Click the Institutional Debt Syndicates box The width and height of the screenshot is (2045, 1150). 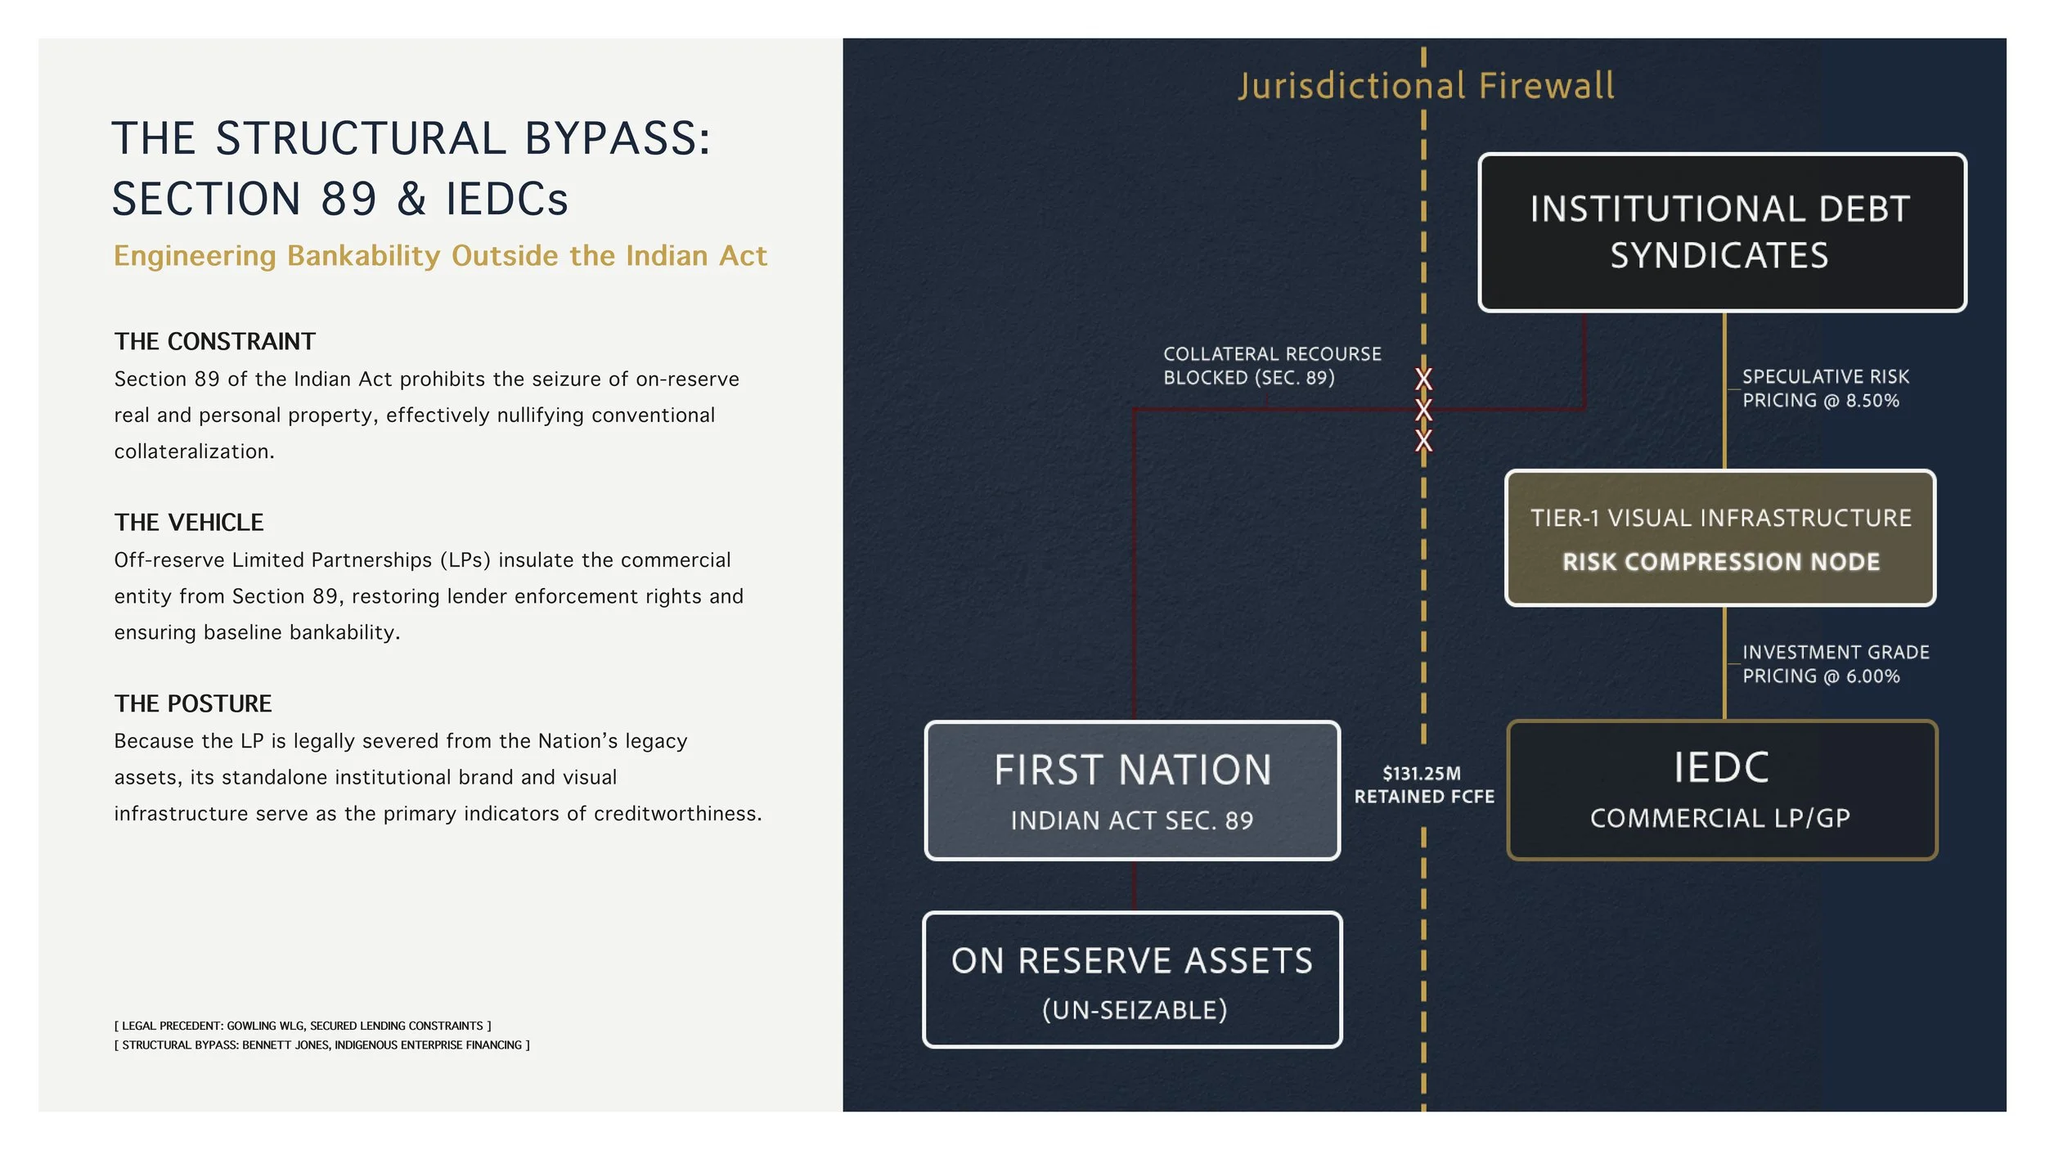coord(1721,232)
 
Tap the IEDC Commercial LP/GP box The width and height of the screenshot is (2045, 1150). coord(1721,790)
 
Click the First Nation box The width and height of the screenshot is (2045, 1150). coord(1132,790)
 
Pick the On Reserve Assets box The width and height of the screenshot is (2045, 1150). coord(1132,980)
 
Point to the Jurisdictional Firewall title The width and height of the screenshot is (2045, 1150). coord(1426,87)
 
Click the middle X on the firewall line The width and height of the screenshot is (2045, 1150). coord(1423,410)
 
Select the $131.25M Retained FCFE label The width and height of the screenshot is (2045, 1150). coord(1423,785)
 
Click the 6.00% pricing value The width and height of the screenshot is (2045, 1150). coord(1872,676)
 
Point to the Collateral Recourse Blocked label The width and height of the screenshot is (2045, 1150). coord(1272,366)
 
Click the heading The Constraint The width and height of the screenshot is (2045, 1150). coord(214,341)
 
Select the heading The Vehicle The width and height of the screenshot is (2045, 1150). coord(188,522)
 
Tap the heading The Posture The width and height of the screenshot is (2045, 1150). coord(192,703)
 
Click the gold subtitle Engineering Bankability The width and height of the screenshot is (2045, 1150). coord(440,256)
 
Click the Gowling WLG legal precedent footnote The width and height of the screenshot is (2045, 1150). coord(303,1026)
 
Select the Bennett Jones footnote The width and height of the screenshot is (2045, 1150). coord(321,1045)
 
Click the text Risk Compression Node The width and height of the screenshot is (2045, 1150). coord(1720,562)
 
